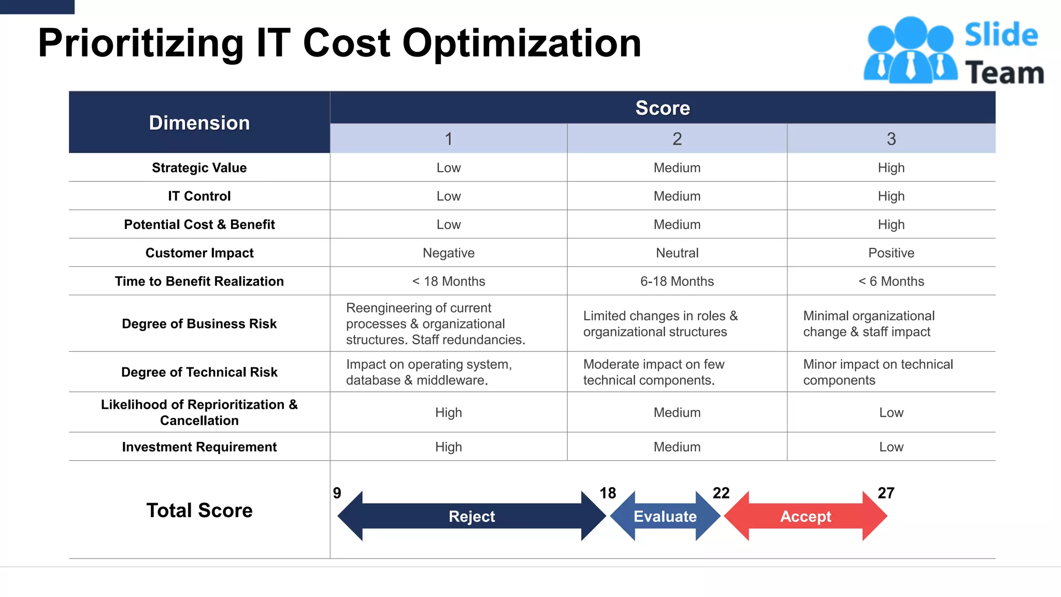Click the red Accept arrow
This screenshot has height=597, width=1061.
click(806, 516)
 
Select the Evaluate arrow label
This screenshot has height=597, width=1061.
click(665, 516)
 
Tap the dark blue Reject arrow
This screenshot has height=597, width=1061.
click(471, 516)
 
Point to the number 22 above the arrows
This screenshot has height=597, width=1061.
click(721, 493)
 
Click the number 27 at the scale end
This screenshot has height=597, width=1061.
click(886, 493)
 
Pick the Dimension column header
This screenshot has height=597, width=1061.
click(199, 123)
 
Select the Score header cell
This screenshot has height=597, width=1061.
click(663, 108)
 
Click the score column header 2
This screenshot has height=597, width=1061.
click(677, 139)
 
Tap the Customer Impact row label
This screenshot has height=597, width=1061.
click(199, 253)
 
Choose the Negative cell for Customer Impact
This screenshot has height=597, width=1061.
click(449, 253)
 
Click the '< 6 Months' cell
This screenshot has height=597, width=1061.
click(891, 281)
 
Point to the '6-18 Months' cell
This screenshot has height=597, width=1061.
click(677, 281)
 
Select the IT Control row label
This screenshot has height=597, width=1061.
click(199, 196)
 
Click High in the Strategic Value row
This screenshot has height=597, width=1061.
click(891, 168)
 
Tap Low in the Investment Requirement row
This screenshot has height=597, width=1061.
click(891, 447)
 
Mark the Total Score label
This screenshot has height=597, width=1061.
click(199, 510)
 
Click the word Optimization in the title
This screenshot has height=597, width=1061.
click(522, 43)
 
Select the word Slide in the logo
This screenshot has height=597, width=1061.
click(1001, 35)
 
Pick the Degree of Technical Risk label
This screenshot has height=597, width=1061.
click(199, 372)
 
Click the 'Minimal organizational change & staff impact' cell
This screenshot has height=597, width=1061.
click(869, 324)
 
